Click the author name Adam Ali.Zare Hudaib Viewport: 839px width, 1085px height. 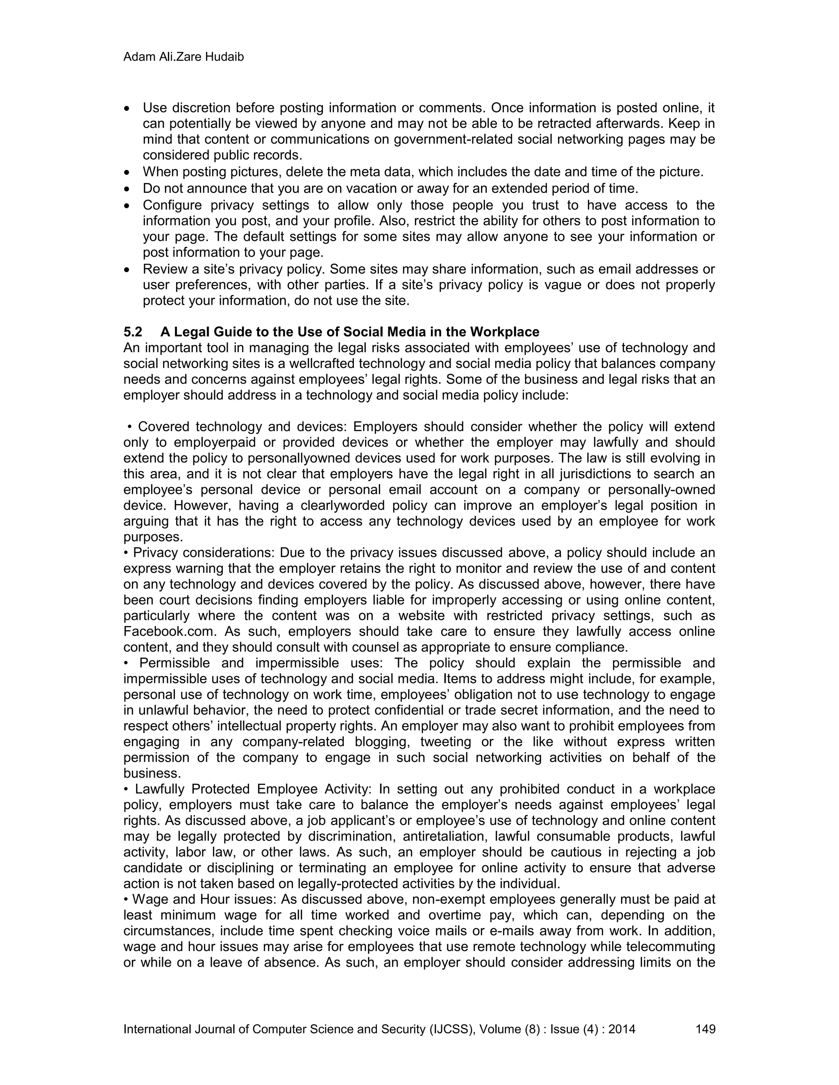184,57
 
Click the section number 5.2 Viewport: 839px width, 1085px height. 133,332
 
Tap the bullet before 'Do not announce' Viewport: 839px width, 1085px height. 128,189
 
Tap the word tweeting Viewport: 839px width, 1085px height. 447,742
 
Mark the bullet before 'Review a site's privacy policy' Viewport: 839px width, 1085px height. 128,270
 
